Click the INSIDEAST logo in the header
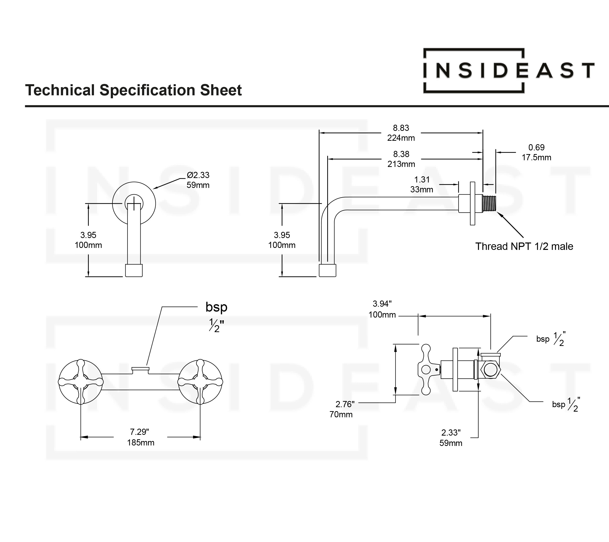pyautogui.click(x=509, y=71)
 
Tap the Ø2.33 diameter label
pyautogui.click(x=198, y=175)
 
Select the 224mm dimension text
pyautogui.click(x=401, y=138)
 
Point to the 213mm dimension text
pyautogui.click(x=401, y=164)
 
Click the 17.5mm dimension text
pyautogui.click(x=536, y=158)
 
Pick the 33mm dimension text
pyautogui.click(x=421, y=190)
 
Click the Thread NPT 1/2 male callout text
pyautogui.click(x=524, y=247)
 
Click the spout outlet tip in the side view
pyautogui.click(x=327, y=270)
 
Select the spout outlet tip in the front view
pyautogui.click(x=133, y=270)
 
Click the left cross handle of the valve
pyautogui.click(x=81, y=382)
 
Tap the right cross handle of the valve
pyautogui.click(x=200, y=382)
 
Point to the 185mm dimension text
pyautogui.click(x=141, y=442)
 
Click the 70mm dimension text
pyautogui.click(x=341, y=415)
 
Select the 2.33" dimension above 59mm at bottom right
pyautogui.click(x=451, y=432)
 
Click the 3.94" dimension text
pyautogui.click(x=382, y=304)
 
